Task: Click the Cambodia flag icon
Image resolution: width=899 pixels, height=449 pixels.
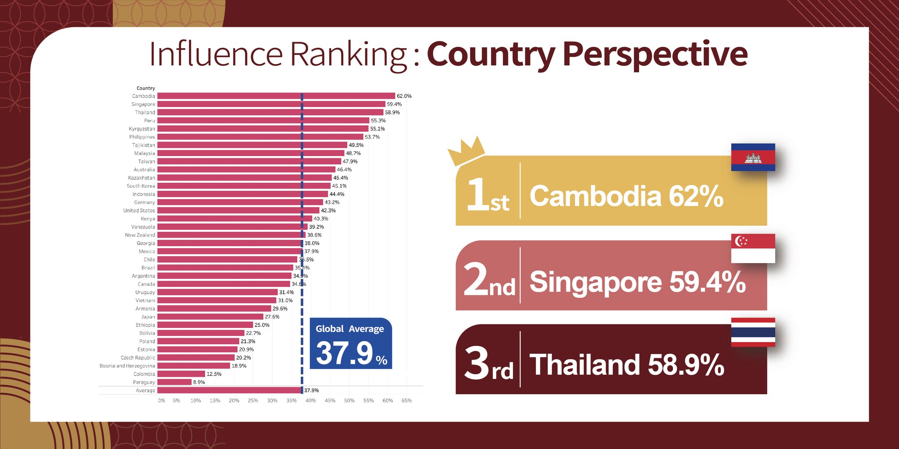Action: pyautogui.click(x=753, y=157)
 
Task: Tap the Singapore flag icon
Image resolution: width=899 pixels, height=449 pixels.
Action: pyautogui.click(x=753, y=248)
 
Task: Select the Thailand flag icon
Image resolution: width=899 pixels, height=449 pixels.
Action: pyautogui.click(x=753, y=332)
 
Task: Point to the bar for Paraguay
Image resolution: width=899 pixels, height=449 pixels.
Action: pyautogui.click(x=174, y=382)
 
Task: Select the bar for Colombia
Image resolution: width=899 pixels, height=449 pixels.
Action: pyautogui.click(x=181, y=374)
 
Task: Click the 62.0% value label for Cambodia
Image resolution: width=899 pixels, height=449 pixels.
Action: pyautogui.click(x=404, y=96)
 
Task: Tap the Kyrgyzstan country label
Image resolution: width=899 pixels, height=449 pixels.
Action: pyautogui.click(x=142, y=129)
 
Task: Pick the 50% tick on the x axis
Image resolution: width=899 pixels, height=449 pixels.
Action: pyautogui.click(x=349, y=401)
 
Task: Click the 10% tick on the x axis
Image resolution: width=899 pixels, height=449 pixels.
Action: pyautogui.click(x=195, y=401)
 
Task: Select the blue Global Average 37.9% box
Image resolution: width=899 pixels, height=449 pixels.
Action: pyautogui.click(x=351, y=343)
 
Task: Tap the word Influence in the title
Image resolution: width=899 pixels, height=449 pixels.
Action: pyautogui.click(x=216, y=55)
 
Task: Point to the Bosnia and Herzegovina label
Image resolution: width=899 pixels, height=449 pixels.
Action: pyautogui.click(x=127, y=366)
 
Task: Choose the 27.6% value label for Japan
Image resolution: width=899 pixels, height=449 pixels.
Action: pyautogui.click(x=272, y=317)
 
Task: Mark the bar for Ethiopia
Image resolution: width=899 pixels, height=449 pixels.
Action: pyautogui.click(x=205, y=325)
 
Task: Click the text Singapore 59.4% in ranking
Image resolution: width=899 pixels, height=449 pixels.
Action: pyautogui.click(x=637, y=282)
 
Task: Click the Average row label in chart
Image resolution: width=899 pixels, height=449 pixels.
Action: pyautogui.click(x=145, y=391)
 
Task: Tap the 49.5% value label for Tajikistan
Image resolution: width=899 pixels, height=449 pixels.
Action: pyautogui.click(x=356, y=145)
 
